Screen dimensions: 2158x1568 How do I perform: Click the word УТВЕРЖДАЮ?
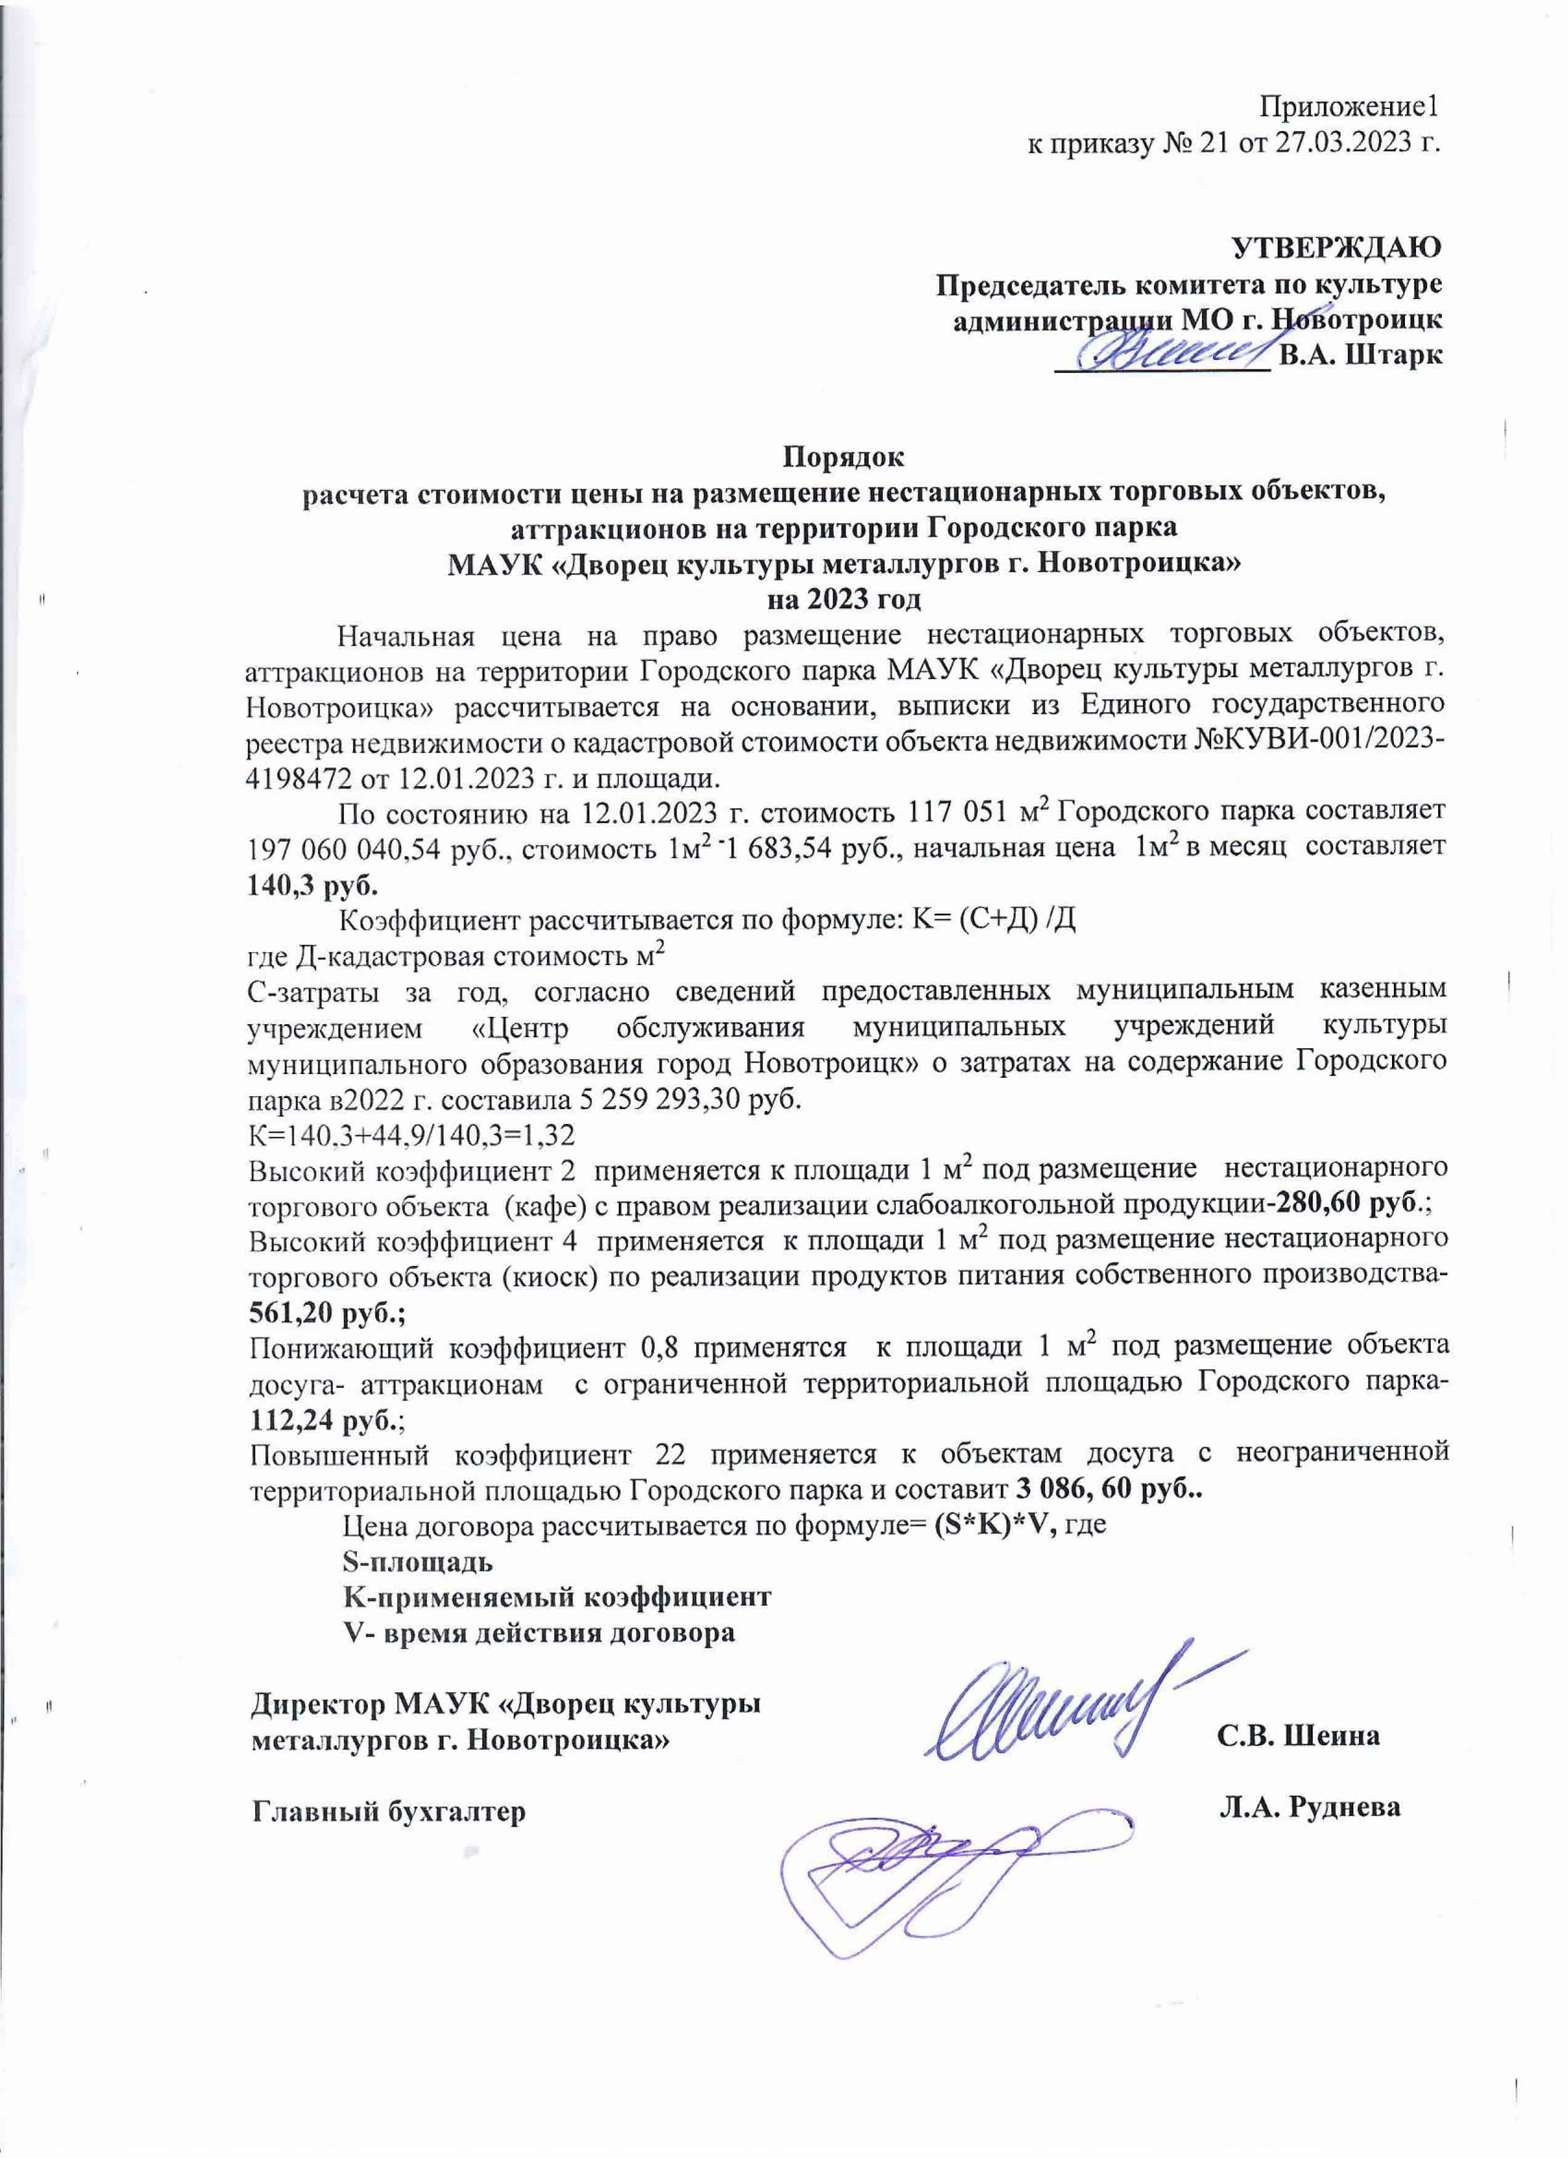coord(1336,246)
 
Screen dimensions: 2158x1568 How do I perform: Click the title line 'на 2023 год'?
coord(843,600)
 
